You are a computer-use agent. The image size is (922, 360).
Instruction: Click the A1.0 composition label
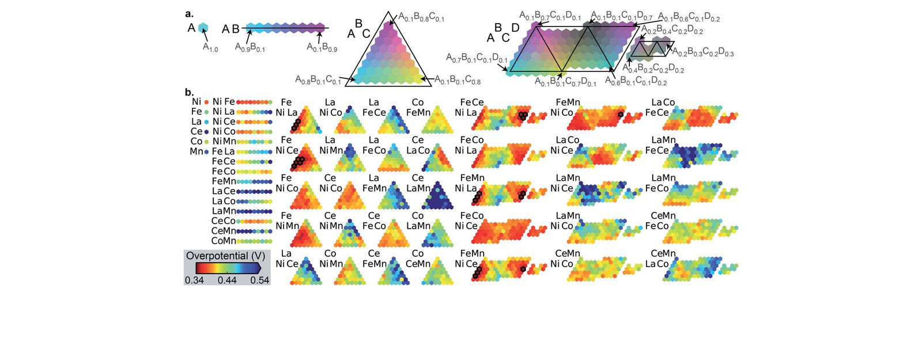tap(210, 48)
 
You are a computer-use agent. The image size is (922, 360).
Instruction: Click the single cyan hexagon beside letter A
tap(203, 28)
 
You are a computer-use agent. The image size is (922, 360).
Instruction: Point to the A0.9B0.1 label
tap(250, 48)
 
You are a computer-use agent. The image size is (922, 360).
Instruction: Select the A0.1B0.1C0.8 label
tap(458, 80)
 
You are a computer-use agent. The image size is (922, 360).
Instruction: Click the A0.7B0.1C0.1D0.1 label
tap(477, 58)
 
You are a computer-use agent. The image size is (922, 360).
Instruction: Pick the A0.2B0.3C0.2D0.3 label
tap(703, 53)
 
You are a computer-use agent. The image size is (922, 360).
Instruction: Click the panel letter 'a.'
tap(189, 14)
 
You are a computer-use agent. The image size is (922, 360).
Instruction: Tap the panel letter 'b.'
tap(189, 92)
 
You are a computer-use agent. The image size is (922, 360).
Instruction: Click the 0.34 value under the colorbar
tap(194, 281)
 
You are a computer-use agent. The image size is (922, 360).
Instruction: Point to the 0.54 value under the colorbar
tap(260, 281)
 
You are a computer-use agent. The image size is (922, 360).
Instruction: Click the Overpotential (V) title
tap(225, 256)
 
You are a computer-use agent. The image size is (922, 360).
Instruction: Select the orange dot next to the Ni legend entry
tap(206, 102)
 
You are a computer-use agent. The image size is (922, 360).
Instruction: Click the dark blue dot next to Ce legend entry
tap(206, 131)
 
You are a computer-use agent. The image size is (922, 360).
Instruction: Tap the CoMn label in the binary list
tap(224, 241)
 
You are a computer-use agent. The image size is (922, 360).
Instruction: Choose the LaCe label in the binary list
tap(224, 191)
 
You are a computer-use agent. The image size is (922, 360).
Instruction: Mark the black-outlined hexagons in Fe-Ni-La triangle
tap(295, 124)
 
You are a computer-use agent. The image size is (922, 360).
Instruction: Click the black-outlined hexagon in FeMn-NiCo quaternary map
tap(620, 115)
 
